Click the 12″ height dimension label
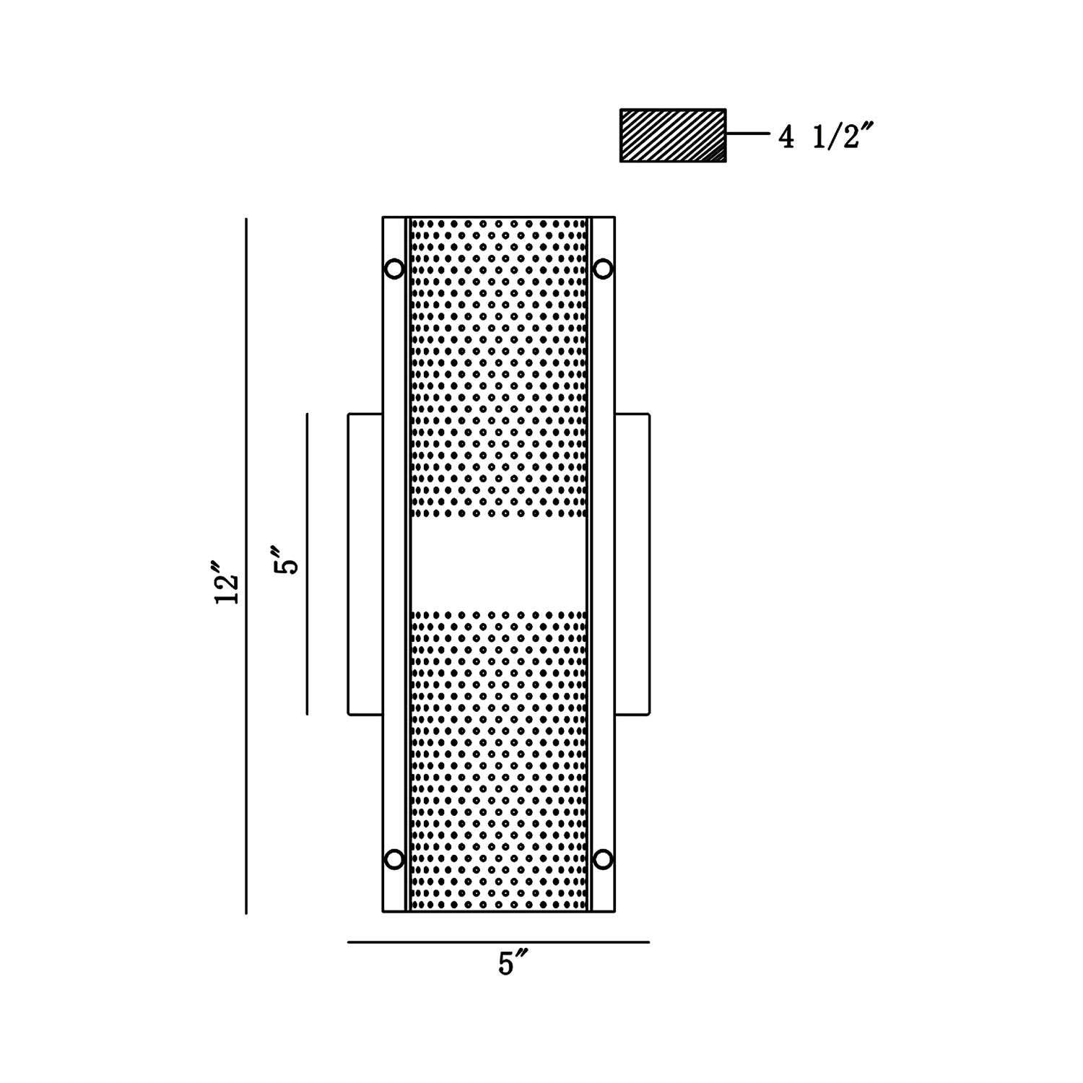tap(227, 581)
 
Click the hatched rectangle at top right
tap(673, 135)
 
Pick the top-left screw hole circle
tap(394, 269)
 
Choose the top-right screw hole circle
tap(603, 269)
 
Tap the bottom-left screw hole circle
tap(394, 859)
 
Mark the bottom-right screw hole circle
tap(603, 859)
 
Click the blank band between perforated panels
tap(498, 564)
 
